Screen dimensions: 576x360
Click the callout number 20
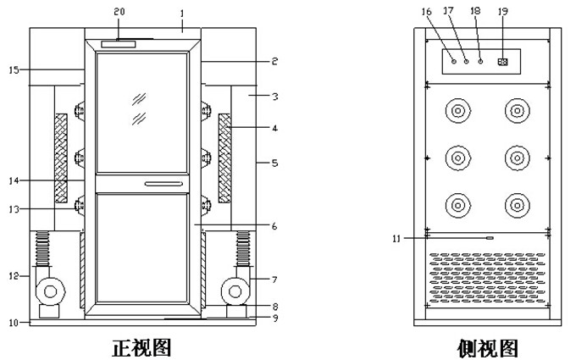tap(119, 12)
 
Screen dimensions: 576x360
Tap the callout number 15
tap(14, 69)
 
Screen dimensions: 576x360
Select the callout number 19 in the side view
tap(503, 11)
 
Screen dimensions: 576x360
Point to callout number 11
tap(396, 239)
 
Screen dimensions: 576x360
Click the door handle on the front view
tap(163, 184)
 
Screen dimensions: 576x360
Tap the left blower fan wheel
tap(50, 291)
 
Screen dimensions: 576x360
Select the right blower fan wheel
tap(235, 291)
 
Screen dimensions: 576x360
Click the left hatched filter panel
tap(61, 158)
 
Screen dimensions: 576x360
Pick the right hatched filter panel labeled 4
tap(224, 158)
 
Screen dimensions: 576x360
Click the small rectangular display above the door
tap(119, 44)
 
